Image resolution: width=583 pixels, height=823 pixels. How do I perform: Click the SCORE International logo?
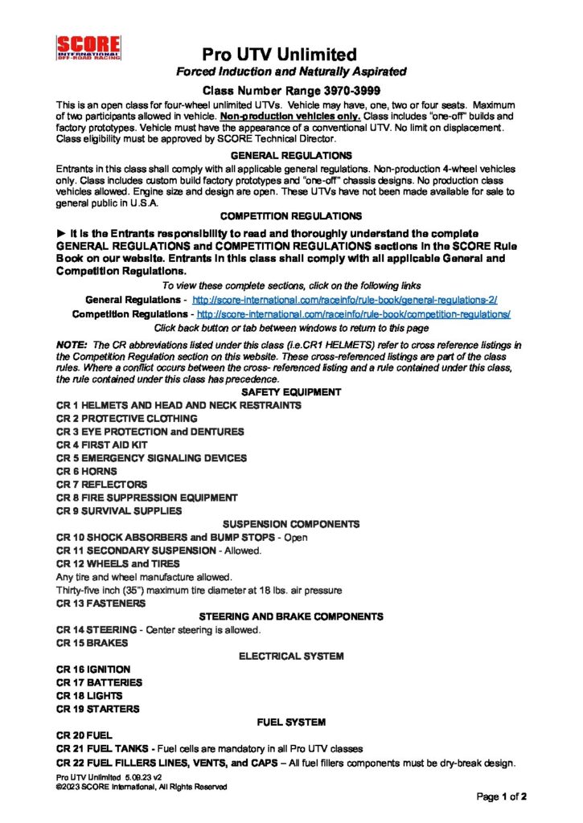click(x=88, y=48)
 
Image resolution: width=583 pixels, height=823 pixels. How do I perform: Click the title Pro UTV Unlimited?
click(x=279, y=55)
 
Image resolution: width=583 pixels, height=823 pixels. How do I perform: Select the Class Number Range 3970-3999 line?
click(x=291, y=92)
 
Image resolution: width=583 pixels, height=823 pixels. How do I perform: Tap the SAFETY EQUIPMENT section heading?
click(x=291, y=392)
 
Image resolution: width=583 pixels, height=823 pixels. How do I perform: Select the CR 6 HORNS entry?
click(x=87, y=471)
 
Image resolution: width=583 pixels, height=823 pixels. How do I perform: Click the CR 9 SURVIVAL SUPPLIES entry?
click(x=119, y=510)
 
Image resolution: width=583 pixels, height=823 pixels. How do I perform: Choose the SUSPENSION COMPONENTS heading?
click(x=291, y=524)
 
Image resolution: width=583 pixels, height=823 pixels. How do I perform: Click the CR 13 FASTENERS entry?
click(x=101, y=603)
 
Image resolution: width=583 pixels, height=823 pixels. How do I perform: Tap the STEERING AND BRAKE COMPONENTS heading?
click(x=291, y=616)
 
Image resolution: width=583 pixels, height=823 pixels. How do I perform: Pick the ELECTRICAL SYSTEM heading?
click(x=291, y=656)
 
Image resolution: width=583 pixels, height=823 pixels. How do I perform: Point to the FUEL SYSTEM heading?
click(x=291, y=722)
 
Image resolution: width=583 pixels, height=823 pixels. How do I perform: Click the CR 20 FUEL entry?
click(x=84, y=735)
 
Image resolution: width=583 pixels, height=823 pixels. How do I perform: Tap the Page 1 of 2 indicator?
click(x=502, y=797)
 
